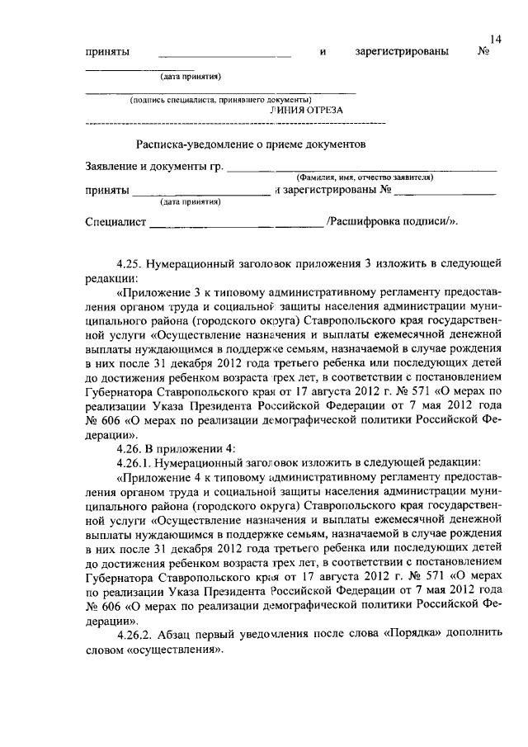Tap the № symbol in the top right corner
tap(484, 52)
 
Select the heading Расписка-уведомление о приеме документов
tap(250, 144)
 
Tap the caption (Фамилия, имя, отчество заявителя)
tap(365, 177)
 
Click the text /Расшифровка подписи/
tap(392, 221)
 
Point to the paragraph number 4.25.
tap(130, 264)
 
